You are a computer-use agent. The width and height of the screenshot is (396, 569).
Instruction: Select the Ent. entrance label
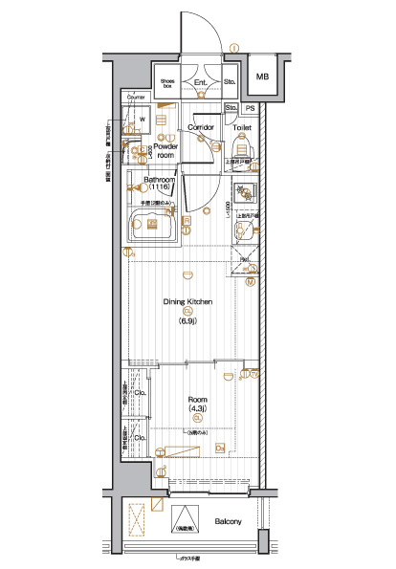tap(201, 84)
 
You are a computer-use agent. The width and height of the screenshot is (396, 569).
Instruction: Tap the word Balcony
tap(227, 521)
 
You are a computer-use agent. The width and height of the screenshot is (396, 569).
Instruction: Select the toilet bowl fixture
tap(241, 146)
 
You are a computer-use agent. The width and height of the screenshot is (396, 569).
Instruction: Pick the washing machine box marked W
tap(141, 120)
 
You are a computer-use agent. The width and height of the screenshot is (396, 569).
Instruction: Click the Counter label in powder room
tap(135, 98)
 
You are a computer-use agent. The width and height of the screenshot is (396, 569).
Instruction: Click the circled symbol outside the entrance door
tap(234, 48)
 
